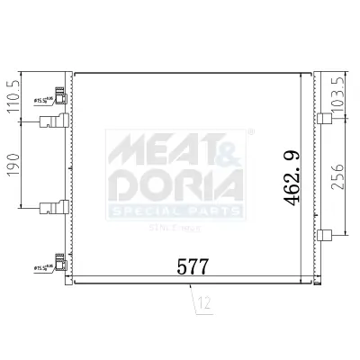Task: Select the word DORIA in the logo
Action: (x=175, y=184)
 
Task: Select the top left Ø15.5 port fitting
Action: (x=60, y=97)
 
